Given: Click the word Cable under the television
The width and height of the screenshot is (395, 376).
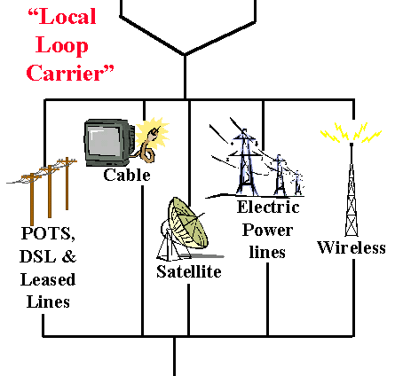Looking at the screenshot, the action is coord(127,175).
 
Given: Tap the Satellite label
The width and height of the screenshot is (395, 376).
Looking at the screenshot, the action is coord(189,271).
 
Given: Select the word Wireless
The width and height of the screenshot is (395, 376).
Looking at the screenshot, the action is coord(352,247).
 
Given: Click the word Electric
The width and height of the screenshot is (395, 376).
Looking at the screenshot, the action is coord(268,207).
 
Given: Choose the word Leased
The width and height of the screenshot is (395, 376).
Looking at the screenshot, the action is coord(48,279).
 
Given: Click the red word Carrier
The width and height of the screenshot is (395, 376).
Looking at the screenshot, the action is coord(70,73).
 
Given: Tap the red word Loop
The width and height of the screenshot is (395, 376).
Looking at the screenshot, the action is coord(62,46).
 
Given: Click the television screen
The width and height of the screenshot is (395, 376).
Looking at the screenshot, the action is coord(105,141).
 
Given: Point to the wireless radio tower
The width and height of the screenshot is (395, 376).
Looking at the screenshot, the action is coord(352,189).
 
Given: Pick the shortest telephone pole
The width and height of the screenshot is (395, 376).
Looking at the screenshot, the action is coord(67,184).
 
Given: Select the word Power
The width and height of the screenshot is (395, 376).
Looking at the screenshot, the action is coord(267,231).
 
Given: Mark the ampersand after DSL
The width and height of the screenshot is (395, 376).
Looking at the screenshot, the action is coord(69,256).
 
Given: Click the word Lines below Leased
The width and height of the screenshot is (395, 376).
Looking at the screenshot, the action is coord(48,302).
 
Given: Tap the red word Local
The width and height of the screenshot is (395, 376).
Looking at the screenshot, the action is coord(62,17).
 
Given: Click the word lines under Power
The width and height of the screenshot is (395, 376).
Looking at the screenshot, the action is coord(267,252).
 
